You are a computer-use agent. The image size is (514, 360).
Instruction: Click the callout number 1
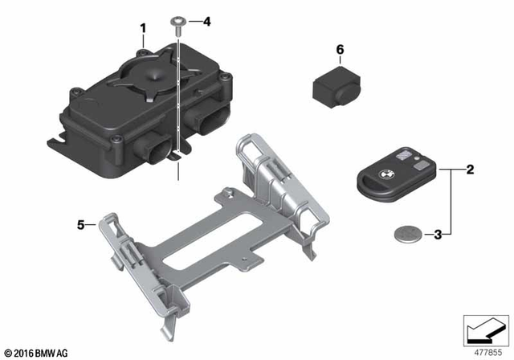(x=143, y=31)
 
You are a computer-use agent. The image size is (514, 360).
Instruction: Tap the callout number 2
(x=470, y=170)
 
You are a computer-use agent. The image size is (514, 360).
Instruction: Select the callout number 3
(x=439, y=235)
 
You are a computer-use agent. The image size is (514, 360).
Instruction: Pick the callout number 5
(x=80, y=225)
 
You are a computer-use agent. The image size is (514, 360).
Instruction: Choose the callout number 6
(x=340, y=50)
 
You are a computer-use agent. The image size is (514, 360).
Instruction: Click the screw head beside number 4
(x=175, y=21)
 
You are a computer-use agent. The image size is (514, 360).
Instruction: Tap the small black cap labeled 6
(x=334, y=84)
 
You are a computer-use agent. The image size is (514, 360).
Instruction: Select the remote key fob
(x=393, y=178)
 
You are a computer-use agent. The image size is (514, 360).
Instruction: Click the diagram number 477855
(x=483, y=350)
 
